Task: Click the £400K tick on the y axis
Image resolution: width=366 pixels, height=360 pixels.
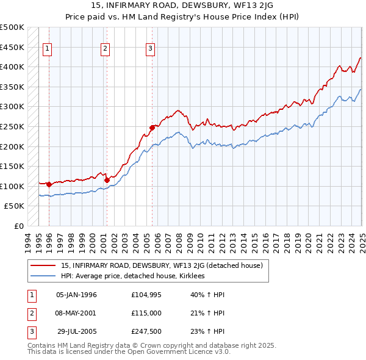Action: click(x=12, y=67)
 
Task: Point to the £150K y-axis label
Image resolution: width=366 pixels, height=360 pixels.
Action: click(x=12, y=166)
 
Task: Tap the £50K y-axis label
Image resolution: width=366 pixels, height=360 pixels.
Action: click(x=15, y=206)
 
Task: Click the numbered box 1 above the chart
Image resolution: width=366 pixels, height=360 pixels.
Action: click(x=48, y=49)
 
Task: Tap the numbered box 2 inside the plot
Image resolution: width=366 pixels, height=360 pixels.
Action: click(x=105, y=49)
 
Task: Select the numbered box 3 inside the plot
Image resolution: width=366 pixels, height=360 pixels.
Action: click(x=150, y=49)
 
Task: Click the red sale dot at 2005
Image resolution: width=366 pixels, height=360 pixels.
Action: click(x=152, y=128)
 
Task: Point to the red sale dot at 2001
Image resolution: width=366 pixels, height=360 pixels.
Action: click(x=106, y=180)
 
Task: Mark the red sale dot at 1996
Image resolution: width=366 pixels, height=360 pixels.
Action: click(x=49, y=184)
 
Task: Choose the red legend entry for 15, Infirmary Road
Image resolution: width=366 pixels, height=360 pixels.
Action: click(x=161, y=265)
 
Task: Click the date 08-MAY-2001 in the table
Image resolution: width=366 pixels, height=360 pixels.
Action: click(x=76, y=313)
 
